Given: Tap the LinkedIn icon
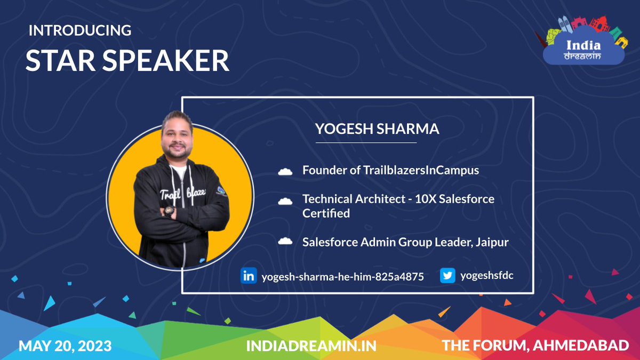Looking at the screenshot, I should point(249,276).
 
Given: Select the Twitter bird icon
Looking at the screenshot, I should point(447,276).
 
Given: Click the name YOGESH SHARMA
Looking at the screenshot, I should point(377,129).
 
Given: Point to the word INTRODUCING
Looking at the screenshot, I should point(80,31).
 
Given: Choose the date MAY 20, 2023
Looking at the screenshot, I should point(65,346).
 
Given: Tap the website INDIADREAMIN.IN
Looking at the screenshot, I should point(311,346).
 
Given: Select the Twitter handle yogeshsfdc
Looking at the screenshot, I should point(487,275).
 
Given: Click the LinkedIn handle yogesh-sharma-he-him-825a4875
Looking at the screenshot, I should point(342,277).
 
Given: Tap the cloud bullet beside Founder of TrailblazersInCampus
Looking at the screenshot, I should point(285,171).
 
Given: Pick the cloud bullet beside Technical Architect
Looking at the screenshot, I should point(285,201).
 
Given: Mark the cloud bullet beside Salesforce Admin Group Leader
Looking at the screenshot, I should point(285,242).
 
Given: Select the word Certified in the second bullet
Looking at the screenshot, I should point(326,213).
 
